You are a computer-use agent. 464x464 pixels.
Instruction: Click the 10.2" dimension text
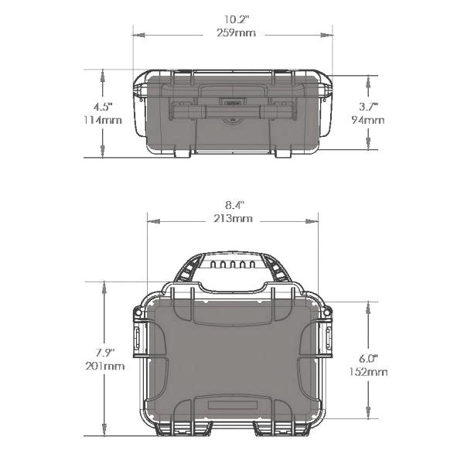[232, 19]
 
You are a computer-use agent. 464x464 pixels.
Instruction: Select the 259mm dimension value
[232, 33]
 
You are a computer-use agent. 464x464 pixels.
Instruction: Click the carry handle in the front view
[232, 111]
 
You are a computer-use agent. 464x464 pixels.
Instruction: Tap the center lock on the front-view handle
[232, 101]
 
